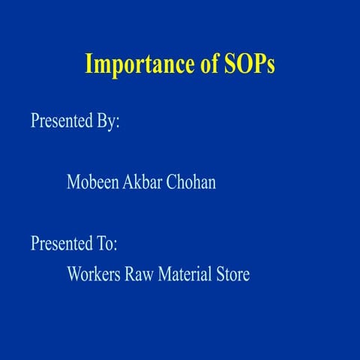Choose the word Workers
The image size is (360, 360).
click(94, 274)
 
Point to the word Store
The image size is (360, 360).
click(232, 274)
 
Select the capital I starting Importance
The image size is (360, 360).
click(88, 64)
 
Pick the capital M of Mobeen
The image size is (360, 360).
click(73, 181)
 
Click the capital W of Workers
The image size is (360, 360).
click(74, 274)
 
